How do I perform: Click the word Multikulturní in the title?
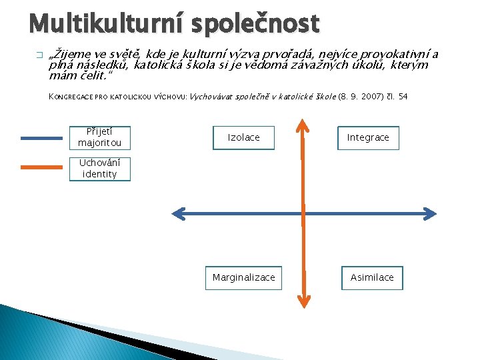pyautogui.click(x=107, y=24)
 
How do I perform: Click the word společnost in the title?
pyautogui.click(x=255, y=24)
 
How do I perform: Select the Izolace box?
pyautogui.click(x=244, y=137)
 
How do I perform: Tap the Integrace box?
pyautogui.click(x=368, y=137)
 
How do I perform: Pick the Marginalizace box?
pyautogui.click(x=243, y=277)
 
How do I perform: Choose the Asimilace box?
pyautogui.click(x=372, y=277)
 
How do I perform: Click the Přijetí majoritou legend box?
pyautogui.click(x=100, y=137)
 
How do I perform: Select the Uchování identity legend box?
pyautogui.click(x=100, y=169)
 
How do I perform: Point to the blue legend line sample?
pyautogui.click(x=41, y=139)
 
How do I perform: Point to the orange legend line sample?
pyautogui.click(x=41, y=167)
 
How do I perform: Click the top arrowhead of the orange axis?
pyautogui.click(x=303, y=125)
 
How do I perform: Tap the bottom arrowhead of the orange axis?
pyautogui.click(x=303, y=301)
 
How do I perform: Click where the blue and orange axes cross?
pyautogui.click(x=303, y=213)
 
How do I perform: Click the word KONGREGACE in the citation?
pyautogui.click(x=72, y=97)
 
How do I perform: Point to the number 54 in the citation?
pyautogui.click(x=403, y=97)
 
